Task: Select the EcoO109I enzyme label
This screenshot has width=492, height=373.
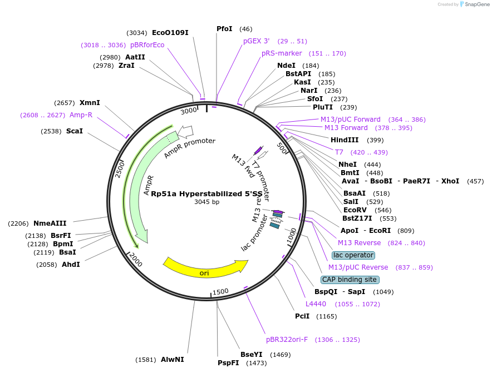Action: coord(170,33)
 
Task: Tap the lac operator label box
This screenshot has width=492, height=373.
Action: coord(353,255)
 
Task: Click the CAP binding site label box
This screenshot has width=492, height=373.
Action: coord(350,280)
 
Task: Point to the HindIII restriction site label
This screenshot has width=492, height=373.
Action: coord(345,140)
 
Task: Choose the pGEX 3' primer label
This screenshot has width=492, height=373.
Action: coord(256,41)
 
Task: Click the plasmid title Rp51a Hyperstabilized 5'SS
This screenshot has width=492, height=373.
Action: coord(206,194)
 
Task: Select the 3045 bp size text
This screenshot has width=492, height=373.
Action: coord(206,202)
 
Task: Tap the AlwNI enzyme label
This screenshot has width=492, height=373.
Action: coord(172,360)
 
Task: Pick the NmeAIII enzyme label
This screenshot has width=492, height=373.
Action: coord(50,223)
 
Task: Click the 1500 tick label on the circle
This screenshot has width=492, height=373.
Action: coord(220,291)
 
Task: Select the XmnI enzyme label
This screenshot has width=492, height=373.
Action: coord(90,103)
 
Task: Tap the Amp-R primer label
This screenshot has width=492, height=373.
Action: coord(81,115)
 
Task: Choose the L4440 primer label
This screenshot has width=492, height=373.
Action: coord(316,304)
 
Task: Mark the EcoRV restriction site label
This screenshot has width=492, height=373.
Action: coord(355,210)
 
